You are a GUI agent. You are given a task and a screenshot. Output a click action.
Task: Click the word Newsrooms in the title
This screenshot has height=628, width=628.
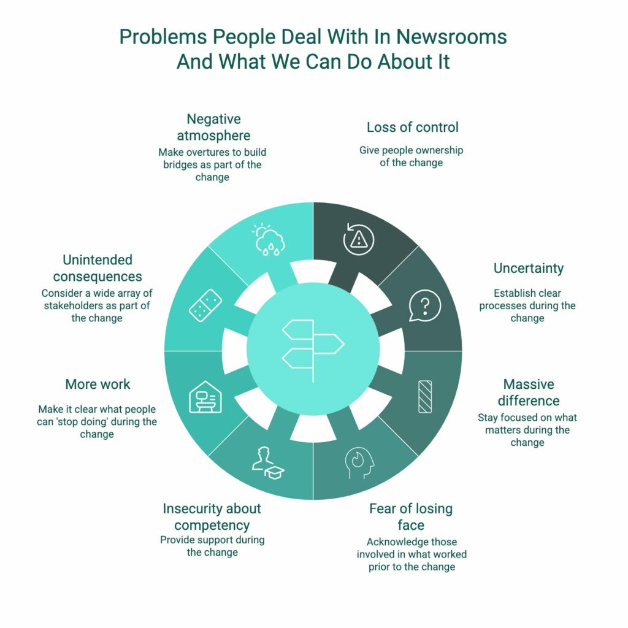[x=451, y=37]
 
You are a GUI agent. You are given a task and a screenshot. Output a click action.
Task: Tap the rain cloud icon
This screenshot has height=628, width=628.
[x=269, y=239]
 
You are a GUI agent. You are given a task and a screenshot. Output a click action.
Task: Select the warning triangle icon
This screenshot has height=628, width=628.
[x=358, y=239]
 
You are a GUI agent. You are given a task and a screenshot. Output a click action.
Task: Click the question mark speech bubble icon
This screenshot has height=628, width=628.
[x=425, y=305]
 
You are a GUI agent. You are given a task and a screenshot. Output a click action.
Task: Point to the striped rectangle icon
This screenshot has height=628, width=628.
[x=425, y=397]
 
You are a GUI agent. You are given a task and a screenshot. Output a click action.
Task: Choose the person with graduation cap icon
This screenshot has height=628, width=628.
[x=268, y=463]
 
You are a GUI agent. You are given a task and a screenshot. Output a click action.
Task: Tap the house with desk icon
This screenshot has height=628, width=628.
[x=205, y=397]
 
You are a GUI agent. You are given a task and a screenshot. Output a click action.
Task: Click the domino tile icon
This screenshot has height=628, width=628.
[x=205, y=305]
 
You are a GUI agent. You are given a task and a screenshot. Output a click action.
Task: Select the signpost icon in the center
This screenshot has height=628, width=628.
[x=313, y=350]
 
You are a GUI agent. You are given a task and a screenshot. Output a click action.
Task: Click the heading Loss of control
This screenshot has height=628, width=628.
[x=413, y=128]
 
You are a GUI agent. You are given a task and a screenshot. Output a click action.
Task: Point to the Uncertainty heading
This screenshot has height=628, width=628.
[x=528, y=269]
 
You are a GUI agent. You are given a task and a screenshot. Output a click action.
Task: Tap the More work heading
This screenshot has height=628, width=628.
[x=98, y=385]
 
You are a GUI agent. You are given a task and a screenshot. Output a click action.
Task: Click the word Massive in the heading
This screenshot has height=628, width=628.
[x=529, y=385]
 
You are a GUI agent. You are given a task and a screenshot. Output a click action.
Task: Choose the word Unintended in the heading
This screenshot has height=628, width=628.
[x=98, y=260]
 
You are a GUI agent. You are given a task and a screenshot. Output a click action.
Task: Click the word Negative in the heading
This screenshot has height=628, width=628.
[x=213, y=120]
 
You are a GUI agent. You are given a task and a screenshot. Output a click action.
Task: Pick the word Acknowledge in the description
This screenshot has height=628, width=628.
[x=391, y=542]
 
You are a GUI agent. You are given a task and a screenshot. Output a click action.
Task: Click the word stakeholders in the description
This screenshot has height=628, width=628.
[x=69, y=305]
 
